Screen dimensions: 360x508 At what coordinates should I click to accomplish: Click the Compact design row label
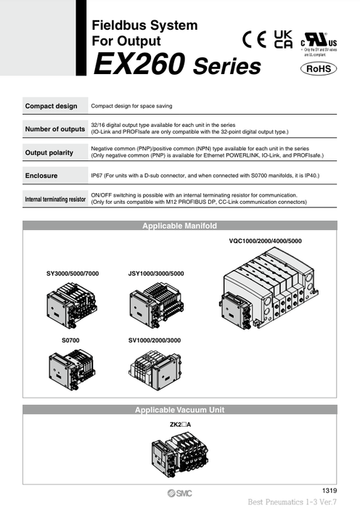click(52, 106)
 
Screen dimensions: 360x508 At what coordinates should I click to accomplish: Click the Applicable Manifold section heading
click(179, 226)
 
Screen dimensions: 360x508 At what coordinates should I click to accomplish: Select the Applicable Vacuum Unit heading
click(179, 410)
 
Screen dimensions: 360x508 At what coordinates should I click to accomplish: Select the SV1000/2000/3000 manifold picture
click(155, 367)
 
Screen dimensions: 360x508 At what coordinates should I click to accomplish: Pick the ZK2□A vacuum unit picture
click(179, 454)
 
